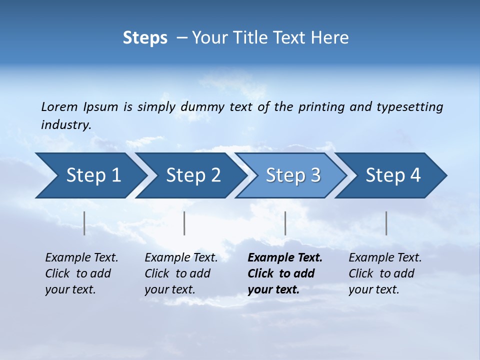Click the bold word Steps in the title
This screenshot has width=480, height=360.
[x=145, y=38]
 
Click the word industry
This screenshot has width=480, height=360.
[x=66, y=125]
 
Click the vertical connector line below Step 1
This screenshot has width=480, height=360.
[x=84, y=223]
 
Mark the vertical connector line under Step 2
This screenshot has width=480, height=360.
[x=184, y=223]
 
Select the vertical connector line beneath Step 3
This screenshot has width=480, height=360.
[x=285, y=223]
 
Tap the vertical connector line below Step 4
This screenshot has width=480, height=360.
[x=386, y=223]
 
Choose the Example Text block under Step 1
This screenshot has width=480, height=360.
[x=81, y=273]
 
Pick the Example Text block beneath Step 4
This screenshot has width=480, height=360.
[x=385, y=273]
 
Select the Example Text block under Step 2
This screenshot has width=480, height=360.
[x=181, y=273]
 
